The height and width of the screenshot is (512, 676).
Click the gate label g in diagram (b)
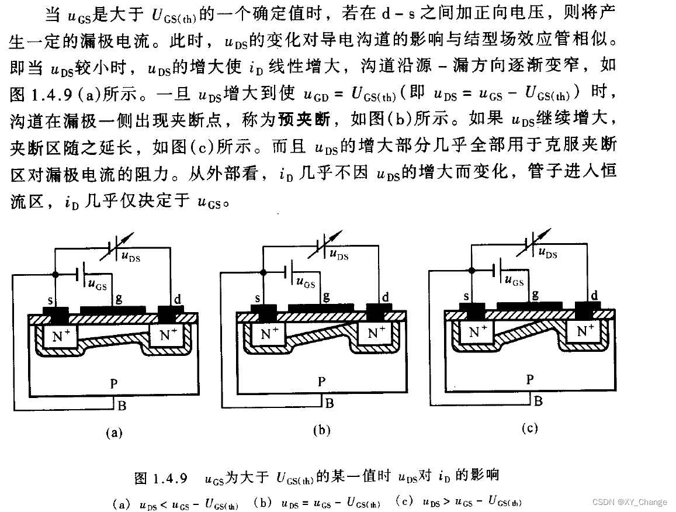(x=326, y=296)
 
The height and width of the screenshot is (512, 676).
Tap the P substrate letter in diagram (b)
(x=321, y=382)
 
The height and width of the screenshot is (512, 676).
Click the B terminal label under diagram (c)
(x=538, y=401)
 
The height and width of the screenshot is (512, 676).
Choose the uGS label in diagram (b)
(x=306, y=283)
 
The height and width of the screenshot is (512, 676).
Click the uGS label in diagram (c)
(x=514, y=281)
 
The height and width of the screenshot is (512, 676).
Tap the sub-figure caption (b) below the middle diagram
(x=322, y=431)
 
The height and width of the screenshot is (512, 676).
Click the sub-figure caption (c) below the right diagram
(x=529, y=428)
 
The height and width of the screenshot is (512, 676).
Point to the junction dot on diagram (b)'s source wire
(x=263, y=272)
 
